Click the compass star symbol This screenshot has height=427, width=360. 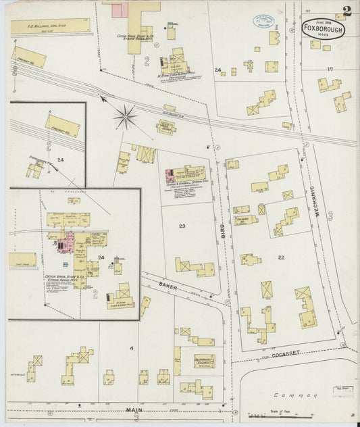pos(126,118)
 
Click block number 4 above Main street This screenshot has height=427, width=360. pos(132,349)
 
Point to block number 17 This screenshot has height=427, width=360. pos(330,70)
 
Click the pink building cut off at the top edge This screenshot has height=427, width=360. pos(120,9)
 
